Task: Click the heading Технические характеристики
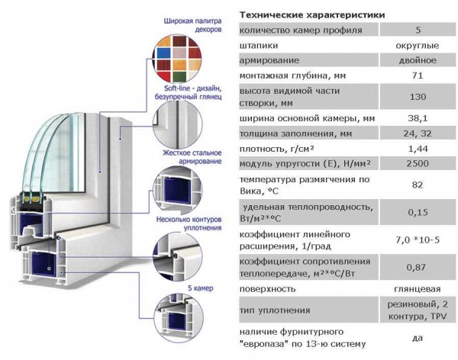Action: point(312,15)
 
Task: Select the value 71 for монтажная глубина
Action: point(418,76)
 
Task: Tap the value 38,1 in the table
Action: point(418,118)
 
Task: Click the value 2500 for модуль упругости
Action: point(418,163)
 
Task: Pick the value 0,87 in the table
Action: point(418,267)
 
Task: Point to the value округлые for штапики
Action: point(418,46)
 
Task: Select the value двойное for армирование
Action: point(418,60)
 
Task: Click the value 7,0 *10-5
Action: point(418,240)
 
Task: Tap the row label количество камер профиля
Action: point(301,31)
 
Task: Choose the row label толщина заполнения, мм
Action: point(295,133)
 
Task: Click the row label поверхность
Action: point(268,289)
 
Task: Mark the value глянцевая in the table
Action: point(418,289)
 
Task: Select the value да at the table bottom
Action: point(418,338)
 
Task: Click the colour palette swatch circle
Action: point(177,59)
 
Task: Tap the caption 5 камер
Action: point(200,288)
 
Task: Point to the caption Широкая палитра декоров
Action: point(192,25)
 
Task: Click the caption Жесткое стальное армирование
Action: point(192,157)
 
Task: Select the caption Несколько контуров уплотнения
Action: point(189,223)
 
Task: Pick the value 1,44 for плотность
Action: point(418,149)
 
